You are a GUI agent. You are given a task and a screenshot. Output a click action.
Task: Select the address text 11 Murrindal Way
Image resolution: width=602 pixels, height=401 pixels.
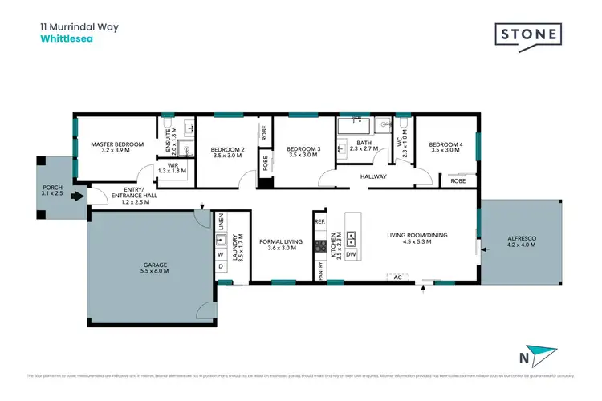(79, 26)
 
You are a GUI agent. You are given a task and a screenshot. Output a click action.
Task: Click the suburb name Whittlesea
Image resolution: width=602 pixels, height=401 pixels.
(67, 38)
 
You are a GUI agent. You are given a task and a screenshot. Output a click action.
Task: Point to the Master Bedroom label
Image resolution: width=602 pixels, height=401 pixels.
(117, 148)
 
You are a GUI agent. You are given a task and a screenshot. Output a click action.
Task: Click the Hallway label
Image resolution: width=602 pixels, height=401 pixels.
(374, 176)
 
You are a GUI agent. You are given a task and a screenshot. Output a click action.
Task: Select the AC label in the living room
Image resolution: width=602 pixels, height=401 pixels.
(397, 277)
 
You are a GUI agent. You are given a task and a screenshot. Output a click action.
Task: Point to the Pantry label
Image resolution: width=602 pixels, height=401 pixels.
(319, 274)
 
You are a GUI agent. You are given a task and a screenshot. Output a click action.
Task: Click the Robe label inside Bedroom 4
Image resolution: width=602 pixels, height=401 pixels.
(458, 181)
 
